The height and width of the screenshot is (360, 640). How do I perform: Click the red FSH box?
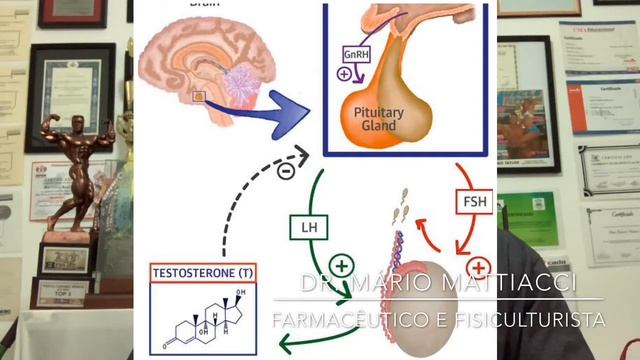pyautogui.click(x=474, y=201)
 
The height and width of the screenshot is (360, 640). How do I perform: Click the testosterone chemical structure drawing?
pyautogui.click(x=205, y=315)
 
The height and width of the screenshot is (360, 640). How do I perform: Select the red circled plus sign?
pyautogui.click(x=479, y=268)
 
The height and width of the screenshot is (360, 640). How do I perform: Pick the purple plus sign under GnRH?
pyautogui.click(x=345, y=74)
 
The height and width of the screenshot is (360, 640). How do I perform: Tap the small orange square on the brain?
pyautogui.click(x=199, y=97)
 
